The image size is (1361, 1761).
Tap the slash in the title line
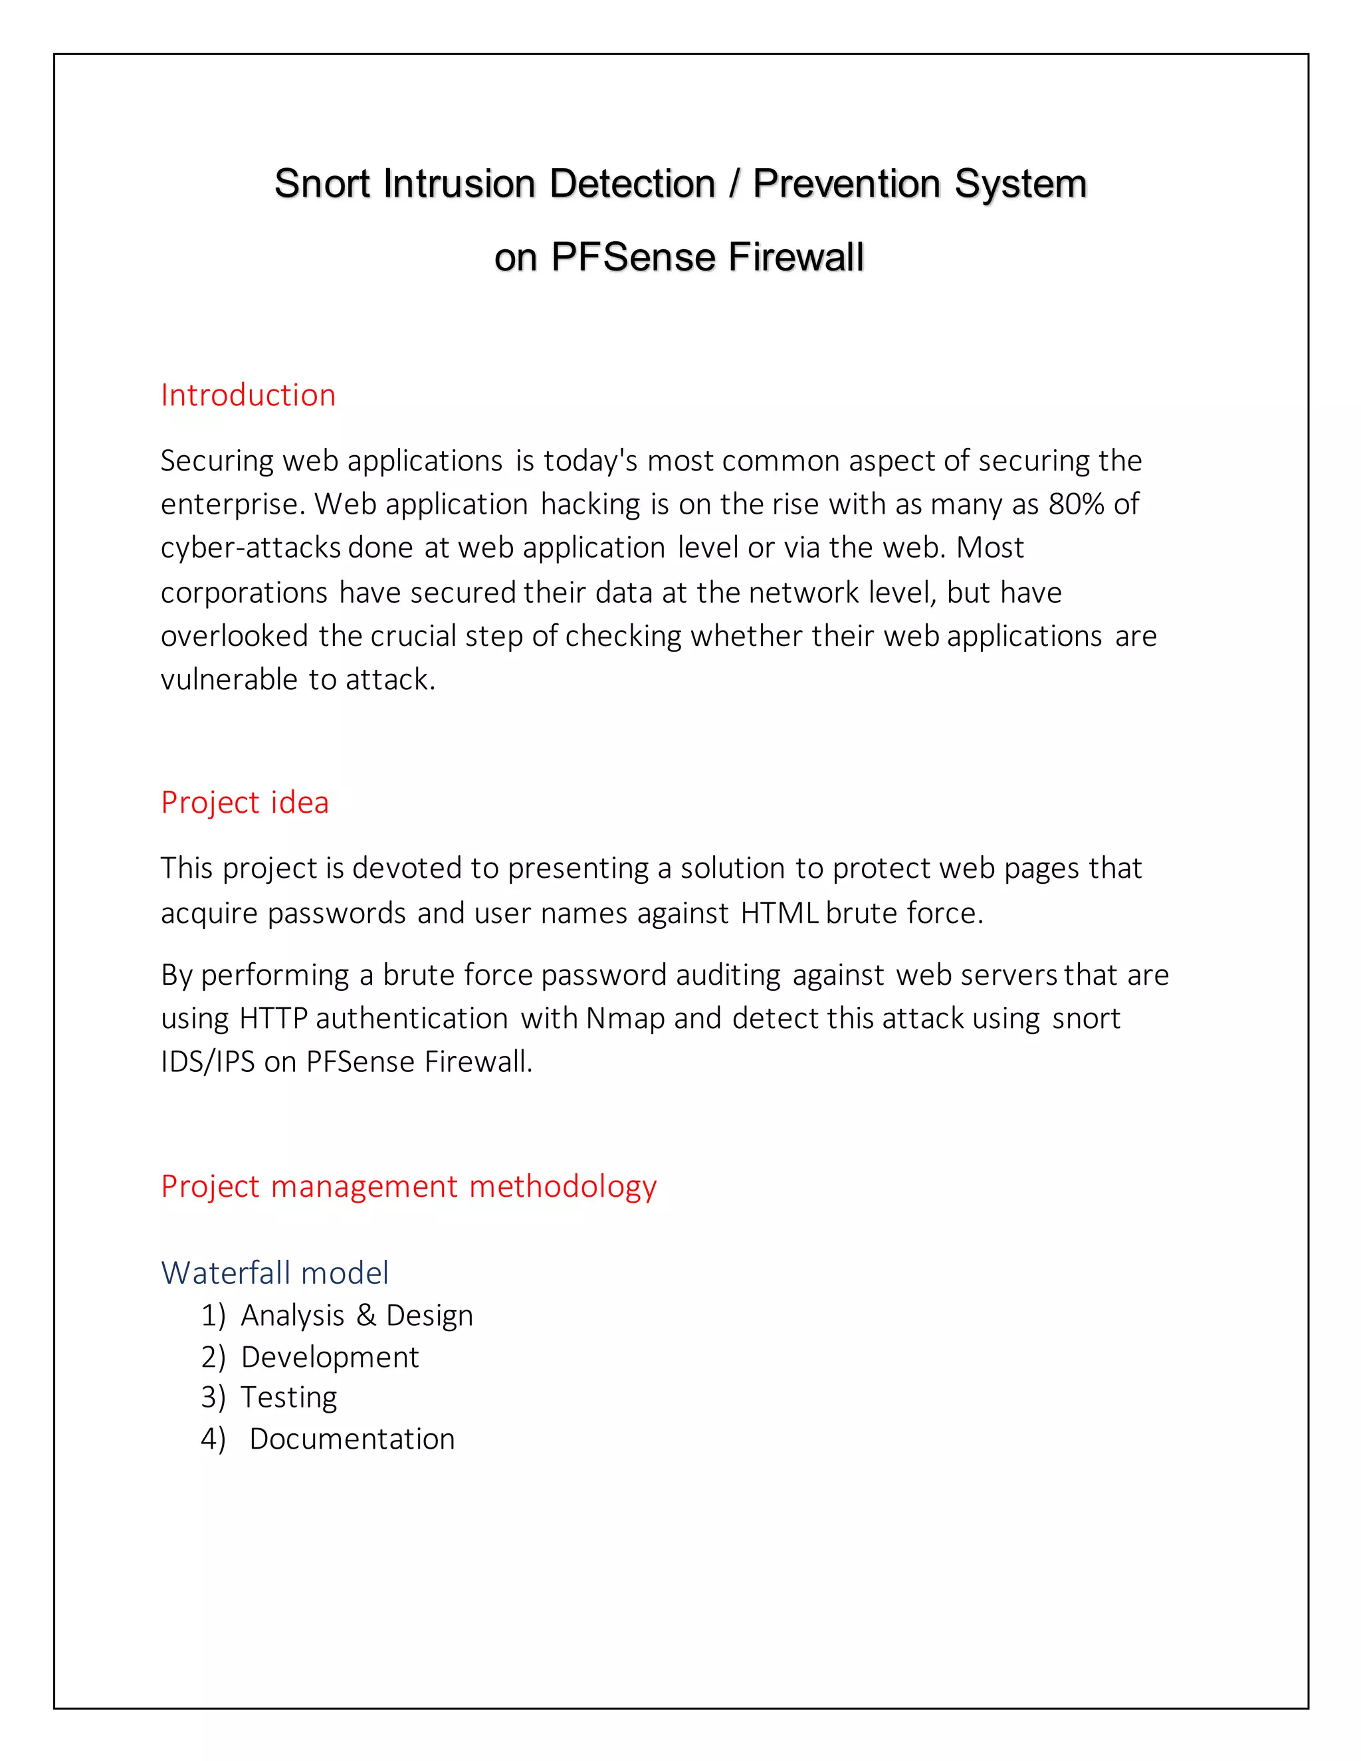point(734,184)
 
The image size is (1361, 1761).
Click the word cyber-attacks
point(251,548)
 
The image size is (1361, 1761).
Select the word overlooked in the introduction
point(235,636)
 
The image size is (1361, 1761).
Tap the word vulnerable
point(229,680)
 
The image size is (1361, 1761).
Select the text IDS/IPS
point(208,1062)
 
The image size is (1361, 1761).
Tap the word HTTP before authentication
point(273,1018)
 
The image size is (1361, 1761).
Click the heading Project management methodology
point(409,1186)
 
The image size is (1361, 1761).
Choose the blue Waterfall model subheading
point(275,1273)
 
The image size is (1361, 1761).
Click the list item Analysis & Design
point(356,1316)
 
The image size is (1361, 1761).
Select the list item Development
point(330,1358)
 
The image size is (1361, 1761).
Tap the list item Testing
point(288,1398)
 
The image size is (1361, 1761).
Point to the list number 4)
point(213,1439)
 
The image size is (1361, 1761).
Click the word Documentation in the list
point(352,1439)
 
